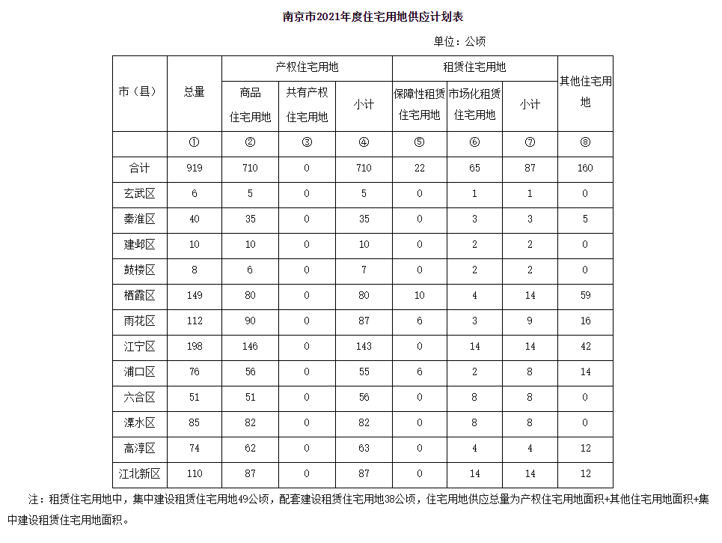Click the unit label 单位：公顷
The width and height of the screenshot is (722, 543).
459,41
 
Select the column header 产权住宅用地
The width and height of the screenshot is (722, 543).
307,67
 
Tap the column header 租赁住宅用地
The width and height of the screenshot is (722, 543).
474,67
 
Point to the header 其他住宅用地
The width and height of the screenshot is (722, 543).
585,91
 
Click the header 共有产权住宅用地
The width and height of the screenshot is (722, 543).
307,104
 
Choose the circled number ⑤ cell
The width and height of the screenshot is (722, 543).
419,143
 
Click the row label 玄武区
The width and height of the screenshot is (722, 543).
140,194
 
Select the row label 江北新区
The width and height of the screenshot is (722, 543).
140,474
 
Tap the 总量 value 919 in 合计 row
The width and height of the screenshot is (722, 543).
195,169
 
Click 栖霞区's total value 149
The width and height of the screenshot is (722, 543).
195,296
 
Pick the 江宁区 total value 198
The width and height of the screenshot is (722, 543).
195,347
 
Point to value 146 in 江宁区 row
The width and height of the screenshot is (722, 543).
250,347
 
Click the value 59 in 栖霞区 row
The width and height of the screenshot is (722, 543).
585,296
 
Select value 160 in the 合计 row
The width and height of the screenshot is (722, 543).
585,169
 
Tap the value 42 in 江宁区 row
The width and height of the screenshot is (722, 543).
585,347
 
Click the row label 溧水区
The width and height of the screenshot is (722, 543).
140,423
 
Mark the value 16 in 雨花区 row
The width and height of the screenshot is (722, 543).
585,321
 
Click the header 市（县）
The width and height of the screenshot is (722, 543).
140,92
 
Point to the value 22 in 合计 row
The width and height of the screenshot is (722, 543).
419,169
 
